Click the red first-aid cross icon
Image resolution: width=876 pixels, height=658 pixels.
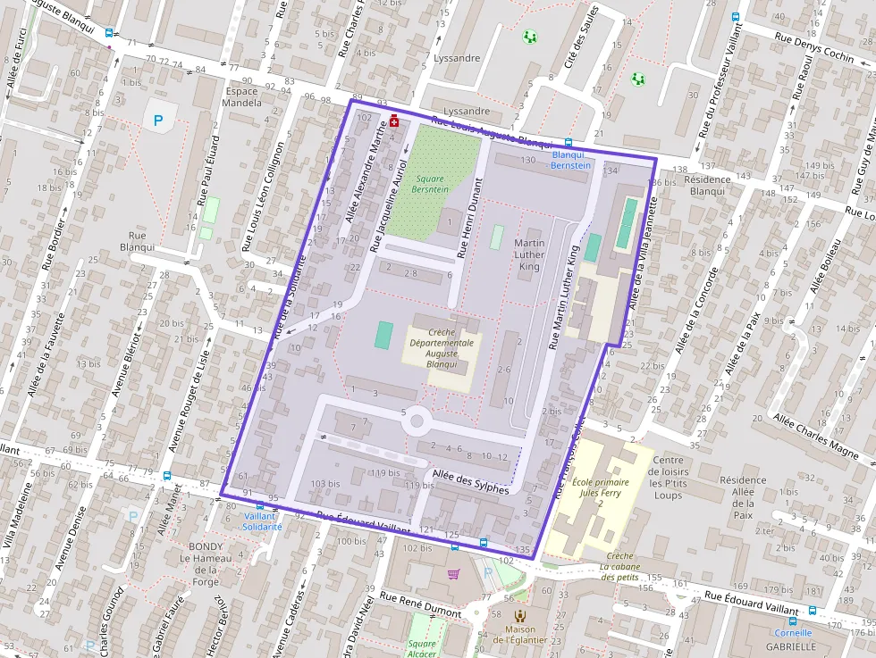click(393, 121)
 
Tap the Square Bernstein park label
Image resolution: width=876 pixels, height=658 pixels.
click(428, 184)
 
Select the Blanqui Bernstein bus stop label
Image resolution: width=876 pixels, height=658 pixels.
click(570, 160)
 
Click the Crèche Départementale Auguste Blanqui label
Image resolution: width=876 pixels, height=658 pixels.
click(442, 347)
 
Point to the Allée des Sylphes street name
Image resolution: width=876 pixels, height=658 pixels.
click(470, 482)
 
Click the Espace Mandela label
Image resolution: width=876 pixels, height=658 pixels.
click(242, 97)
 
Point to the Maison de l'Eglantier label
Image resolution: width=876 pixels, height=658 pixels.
click(519, 634)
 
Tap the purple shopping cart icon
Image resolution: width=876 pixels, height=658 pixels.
click(453, 573)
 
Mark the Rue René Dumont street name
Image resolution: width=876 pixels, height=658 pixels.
click(420, 604)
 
